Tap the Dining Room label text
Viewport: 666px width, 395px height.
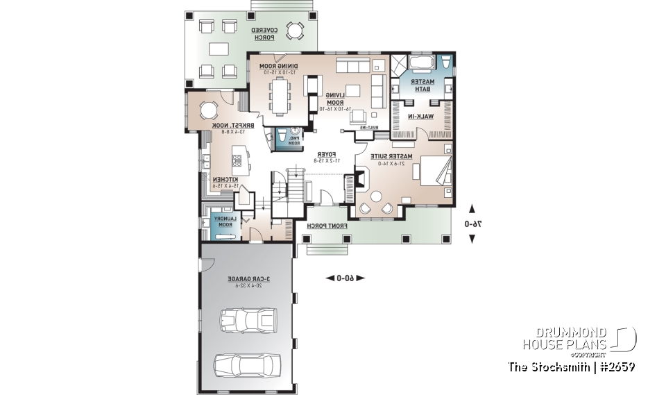278,69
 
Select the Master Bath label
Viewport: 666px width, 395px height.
422,85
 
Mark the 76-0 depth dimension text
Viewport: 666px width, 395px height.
472,224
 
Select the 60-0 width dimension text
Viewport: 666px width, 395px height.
340,278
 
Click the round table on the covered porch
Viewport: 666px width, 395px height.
296,31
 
